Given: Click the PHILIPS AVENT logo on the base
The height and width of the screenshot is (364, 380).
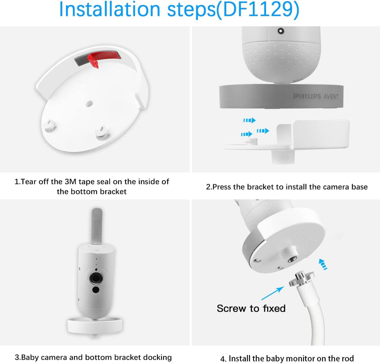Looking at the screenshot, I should click(x=316, y=96).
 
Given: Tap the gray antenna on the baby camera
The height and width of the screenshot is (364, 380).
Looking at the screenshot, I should click(x=96, y=226).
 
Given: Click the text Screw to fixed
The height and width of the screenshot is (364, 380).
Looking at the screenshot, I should click(x=251, y=308).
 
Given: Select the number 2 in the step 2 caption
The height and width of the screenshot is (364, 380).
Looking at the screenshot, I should click(x=208, y=187).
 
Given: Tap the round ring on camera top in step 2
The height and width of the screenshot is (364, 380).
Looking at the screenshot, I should click(x=281, y=31).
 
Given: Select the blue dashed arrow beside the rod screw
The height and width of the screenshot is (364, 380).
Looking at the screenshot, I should click(x=323, y=264).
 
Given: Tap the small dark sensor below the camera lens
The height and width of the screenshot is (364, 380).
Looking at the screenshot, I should click(x=95, y=290).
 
